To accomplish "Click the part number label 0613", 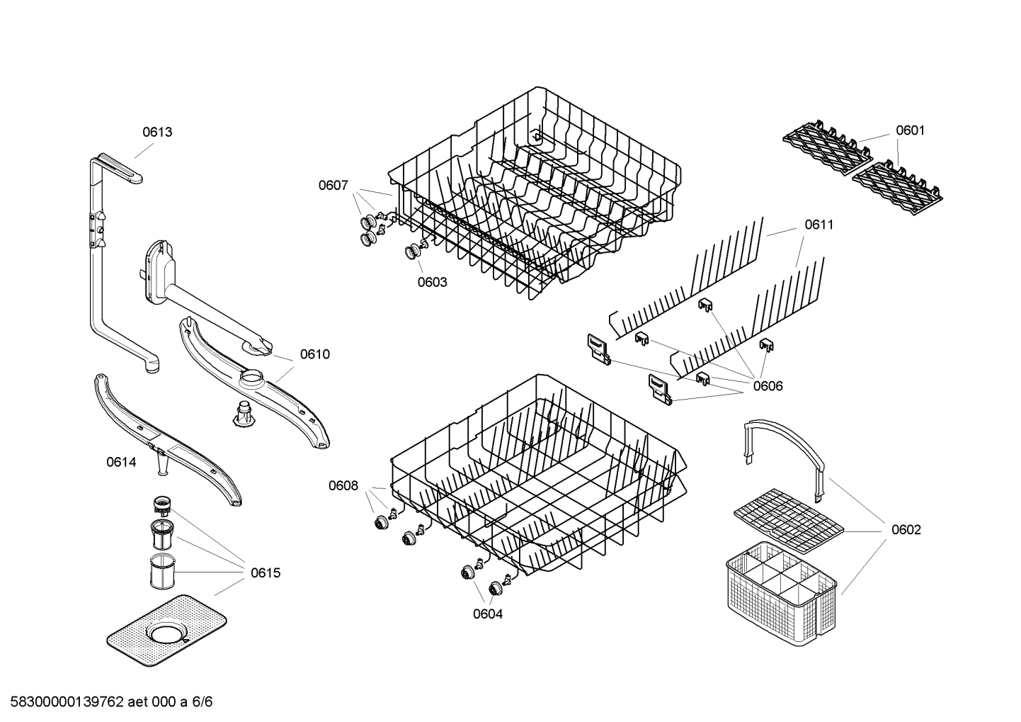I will click(x=157, y=132).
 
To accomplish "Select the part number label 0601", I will click(x=910, y=130).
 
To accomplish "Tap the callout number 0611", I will click(x=818, y=225).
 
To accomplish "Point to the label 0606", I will click(x=768, y=386).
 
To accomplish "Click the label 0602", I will click(x=906, y=530).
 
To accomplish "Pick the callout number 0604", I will click(x=488, y=614).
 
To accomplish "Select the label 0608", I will click(x=343, y=485).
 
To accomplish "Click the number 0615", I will click(x=266, y=572).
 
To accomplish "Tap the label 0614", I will click(x=121, y=462).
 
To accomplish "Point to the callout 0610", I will click(x=314, y=354).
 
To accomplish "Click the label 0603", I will click(x=432, y=282).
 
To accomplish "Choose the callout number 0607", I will click(x=333, y=186).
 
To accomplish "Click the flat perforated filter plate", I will click(x=167, y=630).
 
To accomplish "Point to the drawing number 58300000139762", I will click(x=63, y=702).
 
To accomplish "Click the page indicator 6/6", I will click(x=201, y=702).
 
